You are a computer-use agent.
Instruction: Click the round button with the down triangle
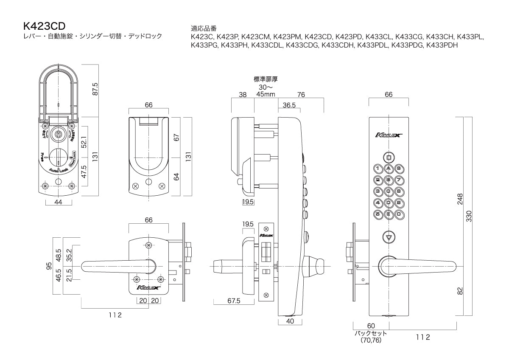(389, 237)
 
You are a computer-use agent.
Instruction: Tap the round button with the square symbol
(389, 157)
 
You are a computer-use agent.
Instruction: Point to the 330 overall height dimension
(469, 216)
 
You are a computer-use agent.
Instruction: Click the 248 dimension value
(460, 199)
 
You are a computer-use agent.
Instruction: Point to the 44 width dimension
(58, 202)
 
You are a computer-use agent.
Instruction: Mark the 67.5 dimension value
(234, 301)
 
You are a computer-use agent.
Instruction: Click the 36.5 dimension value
(289, 105)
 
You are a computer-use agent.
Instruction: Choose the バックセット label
(371, 333)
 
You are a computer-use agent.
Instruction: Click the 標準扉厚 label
(266, 79)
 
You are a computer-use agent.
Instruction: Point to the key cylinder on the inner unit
(58, 134)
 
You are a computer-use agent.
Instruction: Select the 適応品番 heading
(204, 28)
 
